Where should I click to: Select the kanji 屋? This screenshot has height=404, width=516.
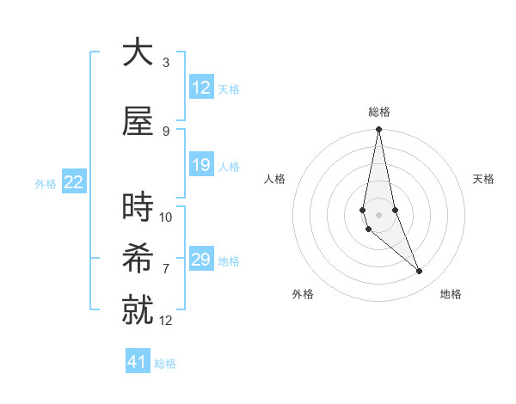tap(138, 122)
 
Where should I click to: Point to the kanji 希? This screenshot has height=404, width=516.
tap(138, 259)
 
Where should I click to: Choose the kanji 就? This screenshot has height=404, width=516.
tap(138, 311)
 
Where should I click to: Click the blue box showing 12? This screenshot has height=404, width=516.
tap(201, 88)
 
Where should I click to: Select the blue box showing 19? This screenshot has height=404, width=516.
tap(201, 165)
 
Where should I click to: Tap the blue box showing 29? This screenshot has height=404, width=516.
tap(201, 260)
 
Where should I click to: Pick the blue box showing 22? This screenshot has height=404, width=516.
tap(74, 182)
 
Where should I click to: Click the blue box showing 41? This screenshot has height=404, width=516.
tap(138, 362)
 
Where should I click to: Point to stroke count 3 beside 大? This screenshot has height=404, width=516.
tap(166, 63)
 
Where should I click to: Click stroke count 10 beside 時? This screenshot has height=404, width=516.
tap(166, 217)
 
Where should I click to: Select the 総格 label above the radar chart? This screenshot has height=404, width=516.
tap(379, 112)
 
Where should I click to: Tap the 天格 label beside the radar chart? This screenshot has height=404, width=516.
tap(484, 179)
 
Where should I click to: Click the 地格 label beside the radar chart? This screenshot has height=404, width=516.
tap(451, 294)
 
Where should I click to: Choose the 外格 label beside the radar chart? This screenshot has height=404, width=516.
tap(303, 294)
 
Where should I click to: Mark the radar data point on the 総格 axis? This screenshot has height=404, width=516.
tap(378, 130)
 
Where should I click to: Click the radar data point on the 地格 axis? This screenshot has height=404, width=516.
tap(420, 272)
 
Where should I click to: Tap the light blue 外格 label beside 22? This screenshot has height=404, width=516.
tap(46, 183)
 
